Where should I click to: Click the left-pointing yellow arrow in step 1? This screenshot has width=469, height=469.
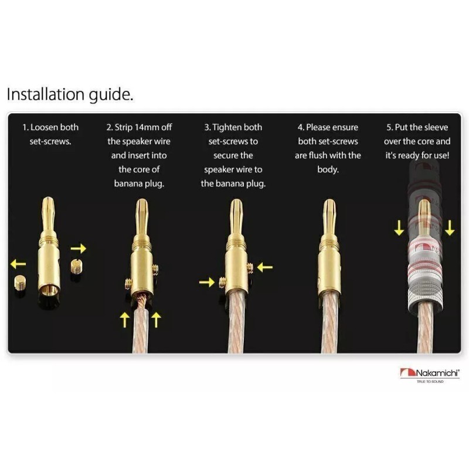tap(18, 264)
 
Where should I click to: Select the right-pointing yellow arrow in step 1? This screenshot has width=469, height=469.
tap(79, 248)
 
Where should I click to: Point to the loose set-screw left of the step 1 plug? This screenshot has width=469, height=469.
tap(20, 283)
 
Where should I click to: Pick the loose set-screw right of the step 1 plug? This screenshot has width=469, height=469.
tap(77, 266)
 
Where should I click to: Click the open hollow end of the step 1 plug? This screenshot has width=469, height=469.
tap(49, 290)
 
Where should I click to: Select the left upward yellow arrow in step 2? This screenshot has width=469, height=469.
tap(125, 320)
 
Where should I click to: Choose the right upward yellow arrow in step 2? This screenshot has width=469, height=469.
tap(156, 320)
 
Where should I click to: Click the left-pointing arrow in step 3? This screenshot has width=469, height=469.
tap(265, 267)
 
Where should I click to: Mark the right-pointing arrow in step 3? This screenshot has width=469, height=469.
tap(207, 282)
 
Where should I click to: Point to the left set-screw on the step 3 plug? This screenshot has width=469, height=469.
tap(223, 283)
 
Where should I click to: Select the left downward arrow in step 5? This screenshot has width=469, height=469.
tap(399, 228)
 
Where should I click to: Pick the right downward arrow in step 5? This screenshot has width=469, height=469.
tap(450, 228)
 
